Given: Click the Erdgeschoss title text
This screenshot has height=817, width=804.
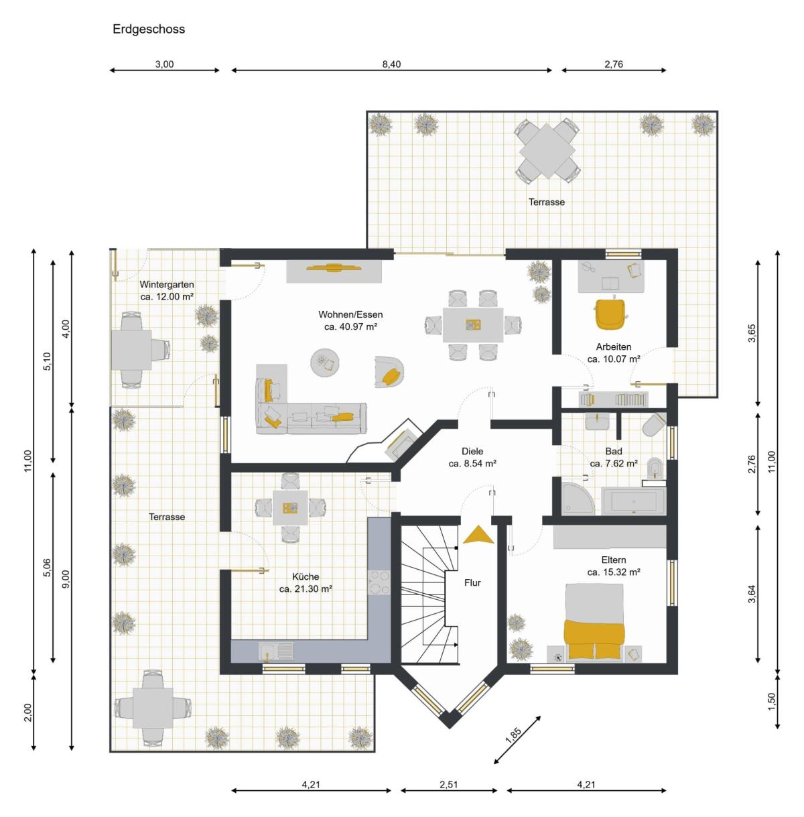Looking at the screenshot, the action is (149, 29).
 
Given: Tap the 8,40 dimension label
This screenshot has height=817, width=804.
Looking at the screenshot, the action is (391, 64).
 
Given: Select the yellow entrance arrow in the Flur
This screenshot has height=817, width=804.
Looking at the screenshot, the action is (478, 535).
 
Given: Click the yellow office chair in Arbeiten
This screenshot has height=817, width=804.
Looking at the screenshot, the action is (610, 314).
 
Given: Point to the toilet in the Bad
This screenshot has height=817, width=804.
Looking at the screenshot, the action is (655, 468).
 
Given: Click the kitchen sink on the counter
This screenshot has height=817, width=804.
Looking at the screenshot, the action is (276, 651).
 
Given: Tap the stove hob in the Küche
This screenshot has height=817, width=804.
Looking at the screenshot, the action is (379, 582).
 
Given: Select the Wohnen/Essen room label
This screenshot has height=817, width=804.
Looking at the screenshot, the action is (350, 314).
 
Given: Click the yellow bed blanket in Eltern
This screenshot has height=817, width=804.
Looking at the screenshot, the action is (594, 639).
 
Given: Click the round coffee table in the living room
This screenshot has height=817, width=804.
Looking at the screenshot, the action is (324, 362).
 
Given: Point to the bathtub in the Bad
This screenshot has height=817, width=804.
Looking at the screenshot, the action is (633, 501).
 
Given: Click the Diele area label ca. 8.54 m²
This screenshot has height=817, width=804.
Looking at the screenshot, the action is (472, 464).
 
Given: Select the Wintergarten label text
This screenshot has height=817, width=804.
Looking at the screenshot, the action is (167, 284).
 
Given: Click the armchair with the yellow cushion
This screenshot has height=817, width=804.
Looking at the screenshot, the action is (389, 371).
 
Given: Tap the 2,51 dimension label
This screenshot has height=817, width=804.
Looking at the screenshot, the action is (448, 784).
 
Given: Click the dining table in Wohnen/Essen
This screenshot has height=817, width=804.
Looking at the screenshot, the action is (473, 325).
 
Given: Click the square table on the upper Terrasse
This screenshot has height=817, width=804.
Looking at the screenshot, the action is (547, 151).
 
